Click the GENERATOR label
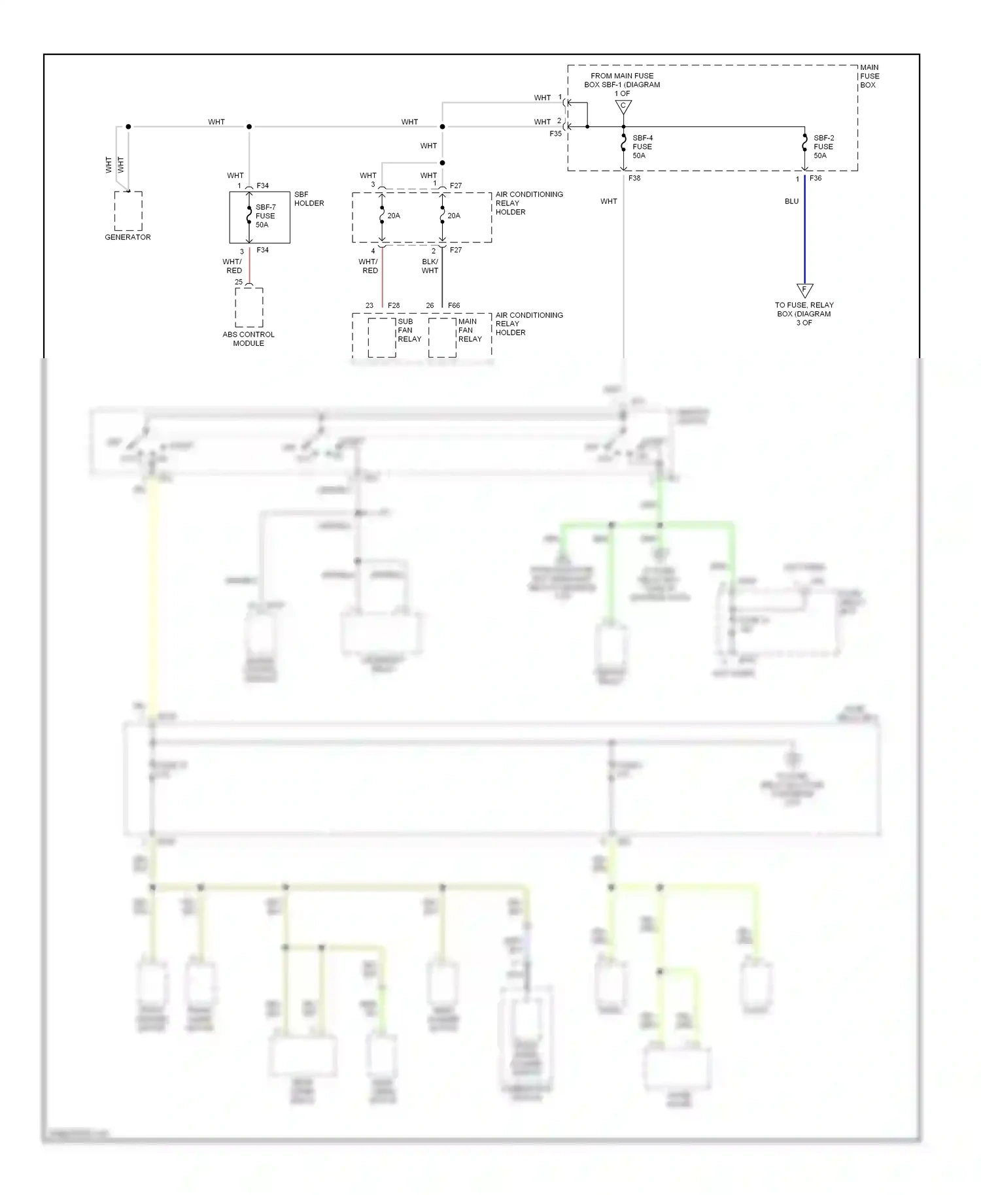128,237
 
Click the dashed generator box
128,210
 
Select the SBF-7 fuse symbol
249,216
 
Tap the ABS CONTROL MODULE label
249,339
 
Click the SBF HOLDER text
309,199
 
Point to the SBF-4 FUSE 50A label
642,147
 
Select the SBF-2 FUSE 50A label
823,147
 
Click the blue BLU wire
804,235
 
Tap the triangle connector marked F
804,290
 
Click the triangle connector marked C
623,106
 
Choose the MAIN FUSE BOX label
869,76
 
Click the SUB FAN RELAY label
409,330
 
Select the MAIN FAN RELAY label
470,330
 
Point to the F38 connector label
634,178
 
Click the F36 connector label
816,178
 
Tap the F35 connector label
555,133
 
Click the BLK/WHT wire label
430,266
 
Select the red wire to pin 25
249,265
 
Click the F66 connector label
454,305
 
